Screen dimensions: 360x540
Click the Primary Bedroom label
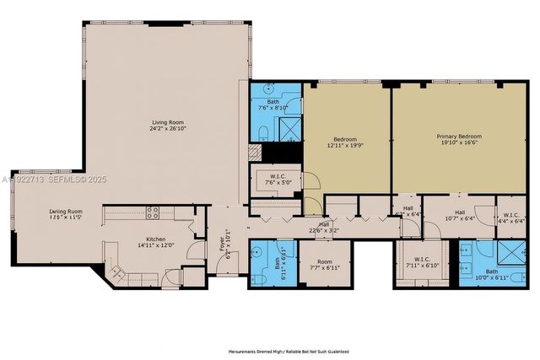(x=458, y=136)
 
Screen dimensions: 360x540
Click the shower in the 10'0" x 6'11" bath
(x=511, y=252)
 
